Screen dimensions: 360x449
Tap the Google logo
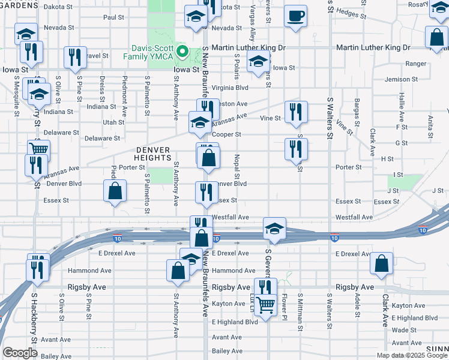click(20, 352)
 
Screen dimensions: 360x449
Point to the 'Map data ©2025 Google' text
click(412, 355)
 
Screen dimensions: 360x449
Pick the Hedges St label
click(351, 11)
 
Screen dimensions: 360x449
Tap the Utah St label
click(113, 122)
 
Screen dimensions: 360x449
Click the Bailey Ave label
click(226, 351)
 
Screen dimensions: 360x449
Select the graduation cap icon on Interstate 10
click(274, 229)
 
